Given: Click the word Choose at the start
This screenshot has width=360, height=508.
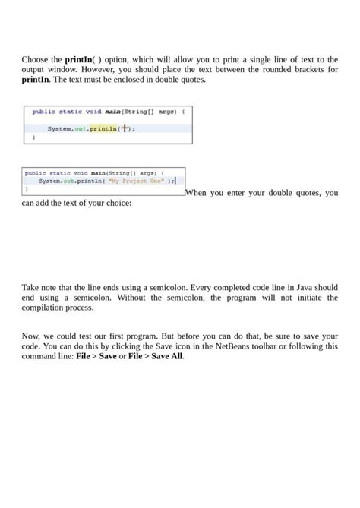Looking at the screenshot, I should pos(35,59).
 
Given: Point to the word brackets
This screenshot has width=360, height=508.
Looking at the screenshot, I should pos(305,69).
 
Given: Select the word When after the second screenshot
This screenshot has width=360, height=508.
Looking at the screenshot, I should pos(201,194).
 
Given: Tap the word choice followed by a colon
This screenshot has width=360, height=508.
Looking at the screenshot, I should pos(116,204).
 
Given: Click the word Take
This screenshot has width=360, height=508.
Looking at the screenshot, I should pos(31,289).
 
